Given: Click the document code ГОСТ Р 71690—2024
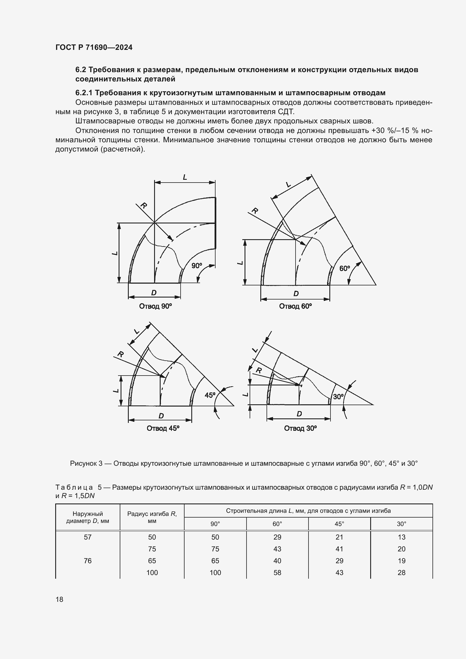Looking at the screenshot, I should pyautogui.click(x=94, y=47).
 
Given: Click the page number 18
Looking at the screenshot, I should pyautogui.click(x=59, y=599).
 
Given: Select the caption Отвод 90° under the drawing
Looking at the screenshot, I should pyautogui.click(x=155, y=306).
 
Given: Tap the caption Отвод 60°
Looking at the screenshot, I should pyautogui.click(x=295, y=306).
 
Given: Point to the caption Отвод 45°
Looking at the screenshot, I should pyautogui.click(x=163, y=428).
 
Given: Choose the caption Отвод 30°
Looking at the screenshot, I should pyautogui.click(x=300, y=428).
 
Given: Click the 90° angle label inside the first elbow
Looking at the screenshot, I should pyautogui.click(x=197, y=266).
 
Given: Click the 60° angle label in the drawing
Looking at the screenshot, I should pyautogui.click(x=344, y=269).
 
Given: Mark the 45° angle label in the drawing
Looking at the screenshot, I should pyautogui.click(x=210, y=395).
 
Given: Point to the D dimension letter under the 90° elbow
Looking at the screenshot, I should pyautogui.click(x=154, y=293).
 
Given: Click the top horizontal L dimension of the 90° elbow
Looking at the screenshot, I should pyautogui.click(x=185, y=177).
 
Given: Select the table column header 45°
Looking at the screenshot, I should pyautogui.click(x=339, y=524).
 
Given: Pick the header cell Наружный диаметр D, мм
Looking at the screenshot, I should pyautogui.click(x=88, y=517).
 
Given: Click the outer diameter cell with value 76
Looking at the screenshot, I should pyautogui.click(x=88, y=561).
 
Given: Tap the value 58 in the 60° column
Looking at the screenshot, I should pyautogui.click(x=277, y=573).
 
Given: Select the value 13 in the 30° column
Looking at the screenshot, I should pyautogui.click(x=401, y=537).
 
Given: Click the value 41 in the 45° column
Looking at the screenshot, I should pyautogui.click(x=339, y=549).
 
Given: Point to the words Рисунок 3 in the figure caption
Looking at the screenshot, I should pyautogui.click(x=86, y=463).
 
